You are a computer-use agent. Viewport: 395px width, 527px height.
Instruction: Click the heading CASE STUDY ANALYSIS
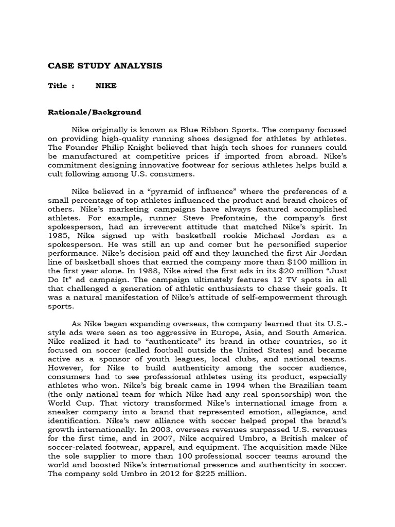pos(105,66)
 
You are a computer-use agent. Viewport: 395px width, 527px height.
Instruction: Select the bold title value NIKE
pos(106,86)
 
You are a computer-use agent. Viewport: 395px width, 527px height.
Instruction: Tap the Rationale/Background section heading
pos(95,112)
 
